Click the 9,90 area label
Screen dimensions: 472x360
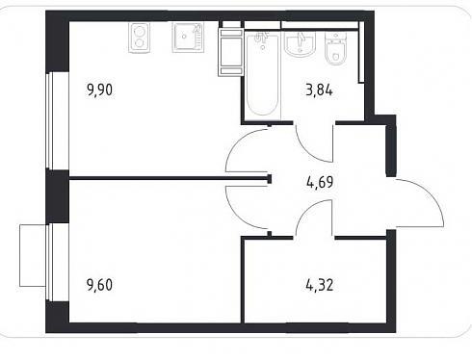tap(99, 90)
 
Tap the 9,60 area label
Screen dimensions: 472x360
tap(99, 285)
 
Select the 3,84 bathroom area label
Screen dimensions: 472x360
tap(320, 90)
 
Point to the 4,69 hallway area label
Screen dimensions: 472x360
tap(320, 183)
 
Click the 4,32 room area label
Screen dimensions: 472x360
tap(320, 285)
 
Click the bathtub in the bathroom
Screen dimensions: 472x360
tap(262, 75)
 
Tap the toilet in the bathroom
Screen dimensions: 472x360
tap(335, 49)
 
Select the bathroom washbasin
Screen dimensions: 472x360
tap(300, 44)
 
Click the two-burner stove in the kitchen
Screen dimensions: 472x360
tap(139, 38)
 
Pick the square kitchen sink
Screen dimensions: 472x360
tap(188, 38)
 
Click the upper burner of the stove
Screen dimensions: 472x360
tap(139, 32)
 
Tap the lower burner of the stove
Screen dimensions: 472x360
tap(139, 43)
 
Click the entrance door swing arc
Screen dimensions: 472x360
tap(431, 194)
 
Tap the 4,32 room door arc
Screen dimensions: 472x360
tap(305, 210)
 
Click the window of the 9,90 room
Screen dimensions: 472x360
tap(50, 120)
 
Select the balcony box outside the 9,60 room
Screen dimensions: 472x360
tap(33, 255)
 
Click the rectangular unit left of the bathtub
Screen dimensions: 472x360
tap(230, 52)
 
